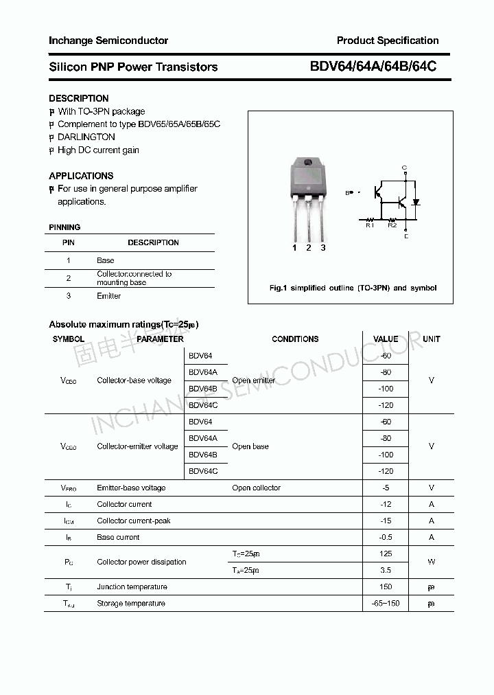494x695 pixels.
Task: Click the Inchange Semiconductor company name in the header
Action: point(108,41)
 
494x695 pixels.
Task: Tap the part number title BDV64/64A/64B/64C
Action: point(373,67)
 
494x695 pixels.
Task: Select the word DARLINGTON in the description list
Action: point(86,137)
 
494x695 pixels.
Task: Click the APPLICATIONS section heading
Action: point(81,176)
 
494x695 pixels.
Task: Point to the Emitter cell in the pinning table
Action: point(108,296)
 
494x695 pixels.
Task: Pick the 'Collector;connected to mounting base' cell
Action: point(134,278)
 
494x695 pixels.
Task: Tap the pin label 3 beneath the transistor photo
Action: point(322,248)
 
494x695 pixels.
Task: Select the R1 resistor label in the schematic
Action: point(369,225)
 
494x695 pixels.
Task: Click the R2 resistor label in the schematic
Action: point(392,225)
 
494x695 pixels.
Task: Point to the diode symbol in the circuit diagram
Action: point(416,203)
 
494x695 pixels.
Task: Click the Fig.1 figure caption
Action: point(353,288)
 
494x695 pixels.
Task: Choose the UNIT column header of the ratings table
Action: point(432,339)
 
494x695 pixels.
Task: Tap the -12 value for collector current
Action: point(386,504)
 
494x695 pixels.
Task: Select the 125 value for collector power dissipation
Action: point(386,554)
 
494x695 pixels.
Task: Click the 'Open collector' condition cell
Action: point(256,488)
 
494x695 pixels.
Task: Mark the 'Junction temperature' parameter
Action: point(132,586)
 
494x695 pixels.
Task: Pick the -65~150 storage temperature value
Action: point(386,603)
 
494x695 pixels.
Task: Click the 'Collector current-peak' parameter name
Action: point(134,521)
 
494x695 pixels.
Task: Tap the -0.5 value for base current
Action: point(386,537)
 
